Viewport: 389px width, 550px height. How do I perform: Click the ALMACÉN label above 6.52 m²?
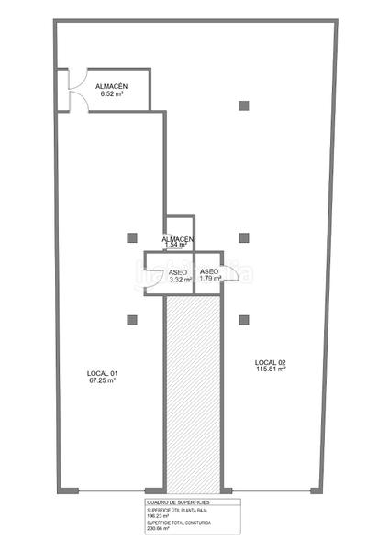coord(110,86)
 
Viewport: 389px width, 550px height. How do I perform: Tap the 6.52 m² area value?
coord(110,93)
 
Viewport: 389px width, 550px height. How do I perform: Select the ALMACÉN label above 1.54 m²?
coord(177,239)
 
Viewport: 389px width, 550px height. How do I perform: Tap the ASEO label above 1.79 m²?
coord(209,271)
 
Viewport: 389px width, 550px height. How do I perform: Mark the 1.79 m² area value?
coord(210,278)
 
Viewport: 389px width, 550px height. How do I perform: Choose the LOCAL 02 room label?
coord(271,363)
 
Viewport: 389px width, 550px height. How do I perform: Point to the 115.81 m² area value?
coord(271,370)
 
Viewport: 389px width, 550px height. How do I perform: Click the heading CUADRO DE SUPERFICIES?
coord(178,503)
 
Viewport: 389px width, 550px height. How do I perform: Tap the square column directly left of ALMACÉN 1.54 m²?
coord(133,238)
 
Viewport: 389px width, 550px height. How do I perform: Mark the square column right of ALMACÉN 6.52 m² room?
coord(243,105)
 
